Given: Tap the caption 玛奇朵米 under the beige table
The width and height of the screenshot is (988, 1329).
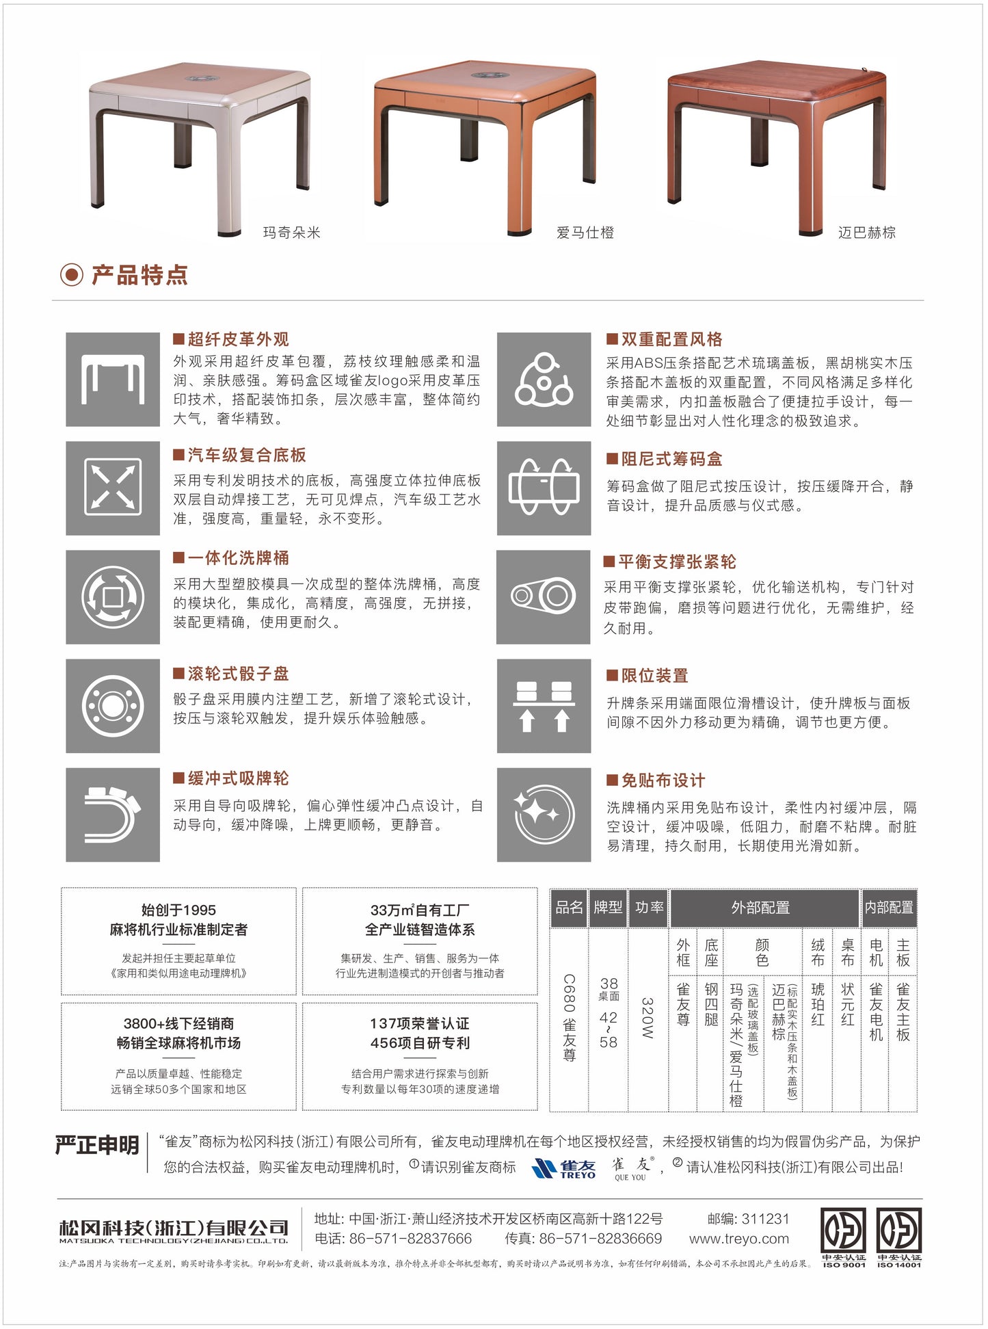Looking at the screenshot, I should pyautogui.click(x=291, y=233).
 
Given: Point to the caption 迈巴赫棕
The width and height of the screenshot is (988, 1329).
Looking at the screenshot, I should pyautogui.click(x=866, y=233).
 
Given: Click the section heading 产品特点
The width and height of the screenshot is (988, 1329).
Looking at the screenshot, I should pyautogui.click(x=139, y=275).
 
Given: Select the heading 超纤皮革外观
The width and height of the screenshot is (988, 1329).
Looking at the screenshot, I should pyautogui.click(x=238, y=339).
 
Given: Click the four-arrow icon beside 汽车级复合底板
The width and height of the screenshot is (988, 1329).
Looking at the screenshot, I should pyautogui.click(x=113, y=488).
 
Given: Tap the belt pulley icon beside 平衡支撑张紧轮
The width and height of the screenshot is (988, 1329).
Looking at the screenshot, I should pyautogui.click(x=544, y=596).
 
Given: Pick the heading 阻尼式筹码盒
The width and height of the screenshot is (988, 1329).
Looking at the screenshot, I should pyautogui.click(x=671, y=459).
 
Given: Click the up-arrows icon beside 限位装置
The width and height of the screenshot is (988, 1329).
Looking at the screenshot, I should pyautogui.click(x=544, y=706).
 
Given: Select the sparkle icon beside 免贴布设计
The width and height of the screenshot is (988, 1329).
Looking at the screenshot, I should pyautogui.click(x=544, y=815).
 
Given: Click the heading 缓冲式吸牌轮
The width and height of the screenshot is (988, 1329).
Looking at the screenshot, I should pyautogui.click(x=238, y=778).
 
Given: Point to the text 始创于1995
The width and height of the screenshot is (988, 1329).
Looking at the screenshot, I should pyautogui.click(x=178, y=910).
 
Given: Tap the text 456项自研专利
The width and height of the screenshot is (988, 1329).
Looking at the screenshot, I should pyautogui.click(x=420, y=1043).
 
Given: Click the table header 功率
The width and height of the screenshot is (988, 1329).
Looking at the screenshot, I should pyautogui.click(x=648, y=908).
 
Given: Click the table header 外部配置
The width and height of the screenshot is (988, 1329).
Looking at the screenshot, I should pyautogui.click(x=760, y=908).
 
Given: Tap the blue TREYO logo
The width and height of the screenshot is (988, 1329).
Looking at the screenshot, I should pyautogui.click(x=564, y=1168).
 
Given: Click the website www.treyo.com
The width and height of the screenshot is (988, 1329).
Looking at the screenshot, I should pyautogui.click(x=738, y=1239).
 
